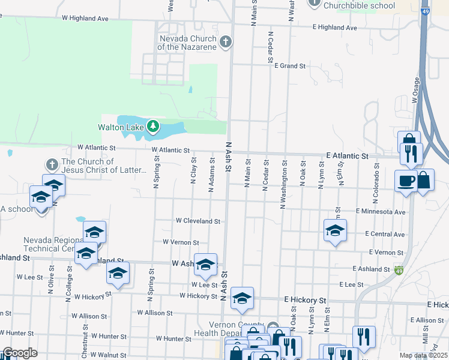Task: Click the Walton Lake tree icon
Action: (154, 127)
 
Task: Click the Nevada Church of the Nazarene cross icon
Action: (226, 41)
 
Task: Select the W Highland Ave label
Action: (85, 19)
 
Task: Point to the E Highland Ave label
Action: (334, 28)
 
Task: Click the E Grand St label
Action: (290, 65)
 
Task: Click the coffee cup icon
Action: (405, 180)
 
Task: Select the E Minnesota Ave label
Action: (380, 212)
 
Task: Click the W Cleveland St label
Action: (197, 221)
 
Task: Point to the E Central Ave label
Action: (384, 234)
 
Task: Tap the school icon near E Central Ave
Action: (335, 230)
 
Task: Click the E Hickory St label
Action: (305, 299)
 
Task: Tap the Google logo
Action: (20, 353)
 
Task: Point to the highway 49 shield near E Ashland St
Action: (399, 270)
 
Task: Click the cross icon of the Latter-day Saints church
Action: (52, 164)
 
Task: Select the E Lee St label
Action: (352, 284)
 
